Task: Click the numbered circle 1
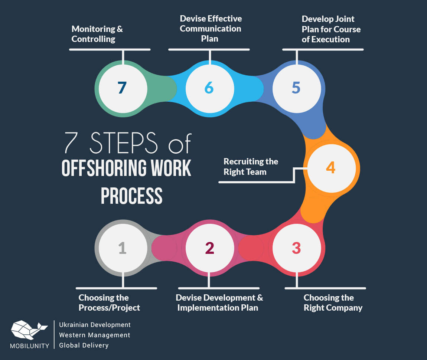pos(122,248)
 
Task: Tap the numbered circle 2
pos(209,248)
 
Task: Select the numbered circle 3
pos(296,248)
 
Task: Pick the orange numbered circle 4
pos(330,168)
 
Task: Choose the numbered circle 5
pos(296,88)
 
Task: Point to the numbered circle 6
pos(209,88)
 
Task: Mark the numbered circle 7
pos(122,88)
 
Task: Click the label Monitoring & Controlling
pos(97,34)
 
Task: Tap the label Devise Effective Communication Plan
pos(211,29)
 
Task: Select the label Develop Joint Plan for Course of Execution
pos(331,29)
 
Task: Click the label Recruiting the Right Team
pos(251,167)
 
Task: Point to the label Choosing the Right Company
pos(333,302)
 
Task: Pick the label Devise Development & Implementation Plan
pos(219,302)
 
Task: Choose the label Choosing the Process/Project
pos(109,302)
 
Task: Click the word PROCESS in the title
pos(132,195)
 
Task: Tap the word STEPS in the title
pos(123,143)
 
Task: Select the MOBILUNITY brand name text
pos(30,346)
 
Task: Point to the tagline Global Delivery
pos(84,345)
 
